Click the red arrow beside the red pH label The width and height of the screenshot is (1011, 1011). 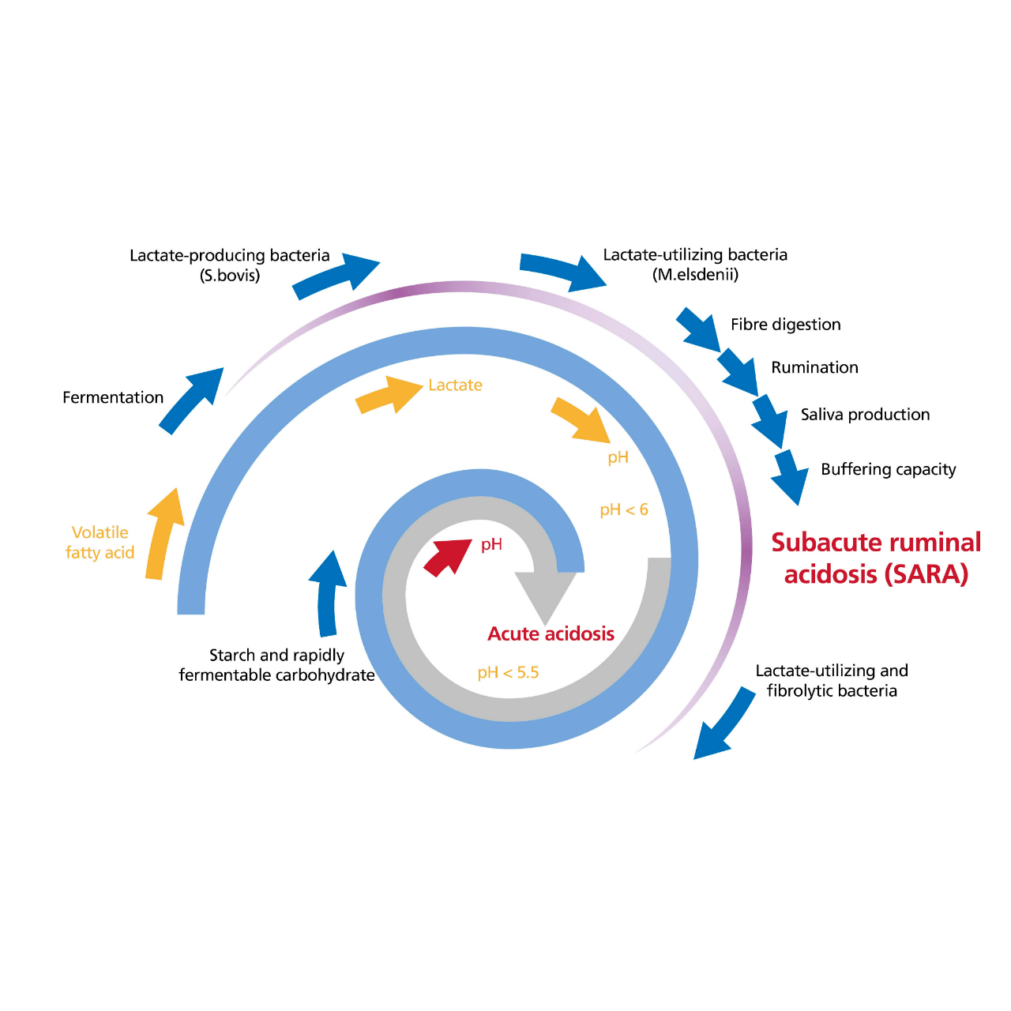(x=447, y=558)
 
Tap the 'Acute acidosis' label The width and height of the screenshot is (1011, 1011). (x=551, y=633)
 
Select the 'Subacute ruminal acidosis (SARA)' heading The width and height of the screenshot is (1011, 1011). (x=876, y=558)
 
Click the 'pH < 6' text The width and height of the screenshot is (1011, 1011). (x=624, y=509)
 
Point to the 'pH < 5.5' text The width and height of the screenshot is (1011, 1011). (x=508, y=673)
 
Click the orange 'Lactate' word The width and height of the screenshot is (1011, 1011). (x=455, y=385)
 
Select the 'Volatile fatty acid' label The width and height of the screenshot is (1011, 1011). (x=100, y=543)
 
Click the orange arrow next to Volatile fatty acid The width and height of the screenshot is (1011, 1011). (x=163, y=536)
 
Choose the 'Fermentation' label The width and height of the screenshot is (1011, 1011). (x=113, y=397)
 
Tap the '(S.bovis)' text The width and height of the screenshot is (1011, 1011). (x=229, y=276)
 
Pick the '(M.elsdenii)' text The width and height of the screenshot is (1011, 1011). (x=695, y=274)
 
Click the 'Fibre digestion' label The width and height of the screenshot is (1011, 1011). (x=785, y=325)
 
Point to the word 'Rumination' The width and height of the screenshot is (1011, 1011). (x=814, y=367)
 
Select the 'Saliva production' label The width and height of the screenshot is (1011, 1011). (x=865, y=415)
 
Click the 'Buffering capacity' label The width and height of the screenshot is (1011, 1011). (x=889, y=469)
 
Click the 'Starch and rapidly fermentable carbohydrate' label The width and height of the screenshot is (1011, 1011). (x=276, y=665)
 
